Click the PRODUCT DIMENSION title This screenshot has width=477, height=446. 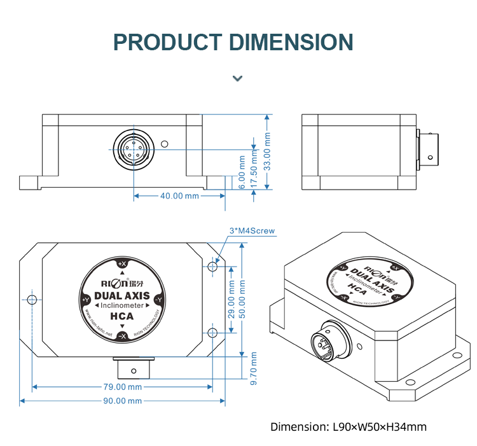click(x=233, y=43)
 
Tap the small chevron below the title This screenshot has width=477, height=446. click(x=237, y=78)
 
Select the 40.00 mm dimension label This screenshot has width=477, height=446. click(x=179, y=196)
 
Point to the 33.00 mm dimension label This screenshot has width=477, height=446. click(x=268, y=151)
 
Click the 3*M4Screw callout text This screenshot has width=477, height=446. click(x=252, y=231)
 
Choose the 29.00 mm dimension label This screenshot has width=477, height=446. click(x=232, y=299)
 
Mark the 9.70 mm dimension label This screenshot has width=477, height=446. click(x=254, y=367)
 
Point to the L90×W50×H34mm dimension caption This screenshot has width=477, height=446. click(x=349, y=427)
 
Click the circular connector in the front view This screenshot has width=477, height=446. click(x=134, y=150)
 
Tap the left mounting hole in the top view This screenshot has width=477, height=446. click(x=31, y=299)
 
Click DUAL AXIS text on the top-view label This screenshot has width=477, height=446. click(x=122, y=295)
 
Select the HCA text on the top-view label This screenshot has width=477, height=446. click(x=121, y=316)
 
